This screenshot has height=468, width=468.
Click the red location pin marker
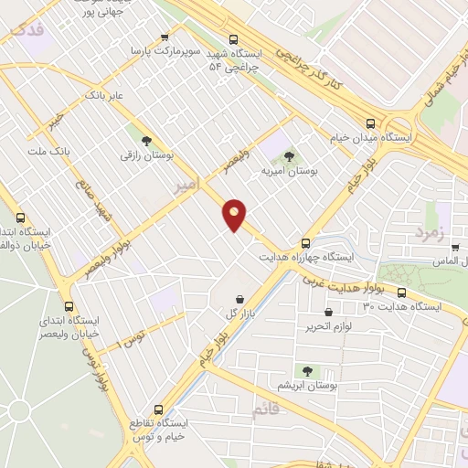[235, 214]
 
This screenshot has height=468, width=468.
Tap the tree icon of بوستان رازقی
[147, 139]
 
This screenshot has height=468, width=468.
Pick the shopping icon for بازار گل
[239, 299]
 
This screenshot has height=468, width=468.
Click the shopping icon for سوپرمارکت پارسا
[165, 37]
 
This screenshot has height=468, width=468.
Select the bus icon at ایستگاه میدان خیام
[370, 122]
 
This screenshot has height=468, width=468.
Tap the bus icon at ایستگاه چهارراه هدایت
[306, 243]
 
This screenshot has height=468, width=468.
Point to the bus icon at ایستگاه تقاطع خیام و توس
[159, 409]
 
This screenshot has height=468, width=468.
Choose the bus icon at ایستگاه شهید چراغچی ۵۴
[234, 39]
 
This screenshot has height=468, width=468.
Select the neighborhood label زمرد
[428, 232]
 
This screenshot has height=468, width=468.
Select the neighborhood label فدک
[25, 29]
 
